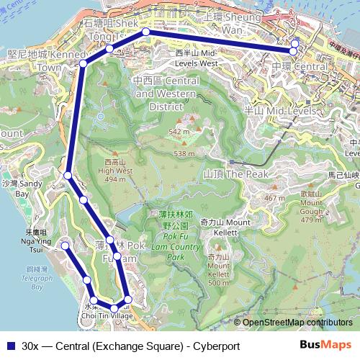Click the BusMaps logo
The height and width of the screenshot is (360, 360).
(325, 346)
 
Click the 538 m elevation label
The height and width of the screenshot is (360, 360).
(184, 153)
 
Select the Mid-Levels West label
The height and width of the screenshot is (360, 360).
(196, 58)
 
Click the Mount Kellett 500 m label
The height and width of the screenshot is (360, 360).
(220, 270)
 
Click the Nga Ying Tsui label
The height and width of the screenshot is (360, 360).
(36, 237)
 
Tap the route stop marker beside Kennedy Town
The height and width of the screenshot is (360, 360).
(83, 64)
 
